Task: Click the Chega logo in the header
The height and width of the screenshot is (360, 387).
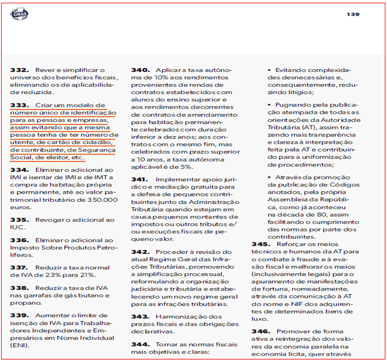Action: click(19, 13)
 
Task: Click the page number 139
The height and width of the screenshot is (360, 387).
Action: click(353, 14)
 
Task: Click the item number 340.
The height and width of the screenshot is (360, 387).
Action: click(140, 70)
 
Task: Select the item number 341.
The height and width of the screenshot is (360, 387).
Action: click(140, 180)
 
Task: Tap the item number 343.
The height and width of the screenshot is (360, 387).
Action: click(140, 316)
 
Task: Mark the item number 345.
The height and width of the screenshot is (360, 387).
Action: click(261, 244)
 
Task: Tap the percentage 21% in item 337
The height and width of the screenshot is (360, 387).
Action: click(87, 275)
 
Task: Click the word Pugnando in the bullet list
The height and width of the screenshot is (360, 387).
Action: click(292, 105)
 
